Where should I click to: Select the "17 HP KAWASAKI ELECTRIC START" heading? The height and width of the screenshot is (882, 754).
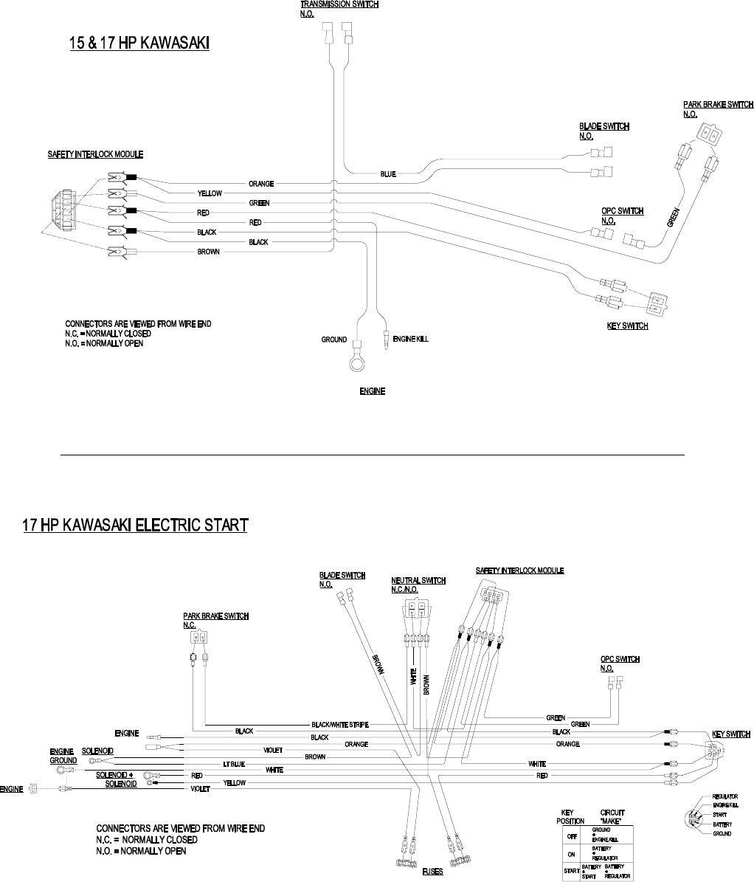(x=135, y=525)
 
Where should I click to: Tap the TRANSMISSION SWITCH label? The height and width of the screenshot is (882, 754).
(x=339, y=4)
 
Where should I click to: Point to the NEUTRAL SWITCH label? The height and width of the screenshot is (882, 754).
(x=418, y=581)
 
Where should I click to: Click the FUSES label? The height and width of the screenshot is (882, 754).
(x=432, y=872)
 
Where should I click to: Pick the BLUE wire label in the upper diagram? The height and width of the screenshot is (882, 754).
(x=388, y=174)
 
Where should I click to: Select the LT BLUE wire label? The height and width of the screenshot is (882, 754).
(x=234, y=763)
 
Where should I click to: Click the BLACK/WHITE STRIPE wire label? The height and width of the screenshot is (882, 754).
(x=340, y=724)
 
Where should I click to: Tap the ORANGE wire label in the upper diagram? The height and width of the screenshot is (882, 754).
(x=261, y=183)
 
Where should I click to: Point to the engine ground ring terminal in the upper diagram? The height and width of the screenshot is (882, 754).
(x=357, y=365)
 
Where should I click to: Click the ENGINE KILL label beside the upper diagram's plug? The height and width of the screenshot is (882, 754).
(x=410, y=340)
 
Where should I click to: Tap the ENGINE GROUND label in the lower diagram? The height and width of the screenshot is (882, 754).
(x=63, y=756)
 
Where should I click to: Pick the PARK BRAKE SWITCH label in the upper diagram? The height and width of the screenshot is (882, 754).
(x=718, y=105)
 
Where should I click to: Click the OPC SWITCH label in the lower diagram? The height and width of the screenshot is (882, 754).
(x=620, y=659)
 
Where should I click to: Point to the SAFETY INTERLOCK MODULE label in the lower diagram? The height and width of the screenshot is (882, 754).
(x=519, y=571)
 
